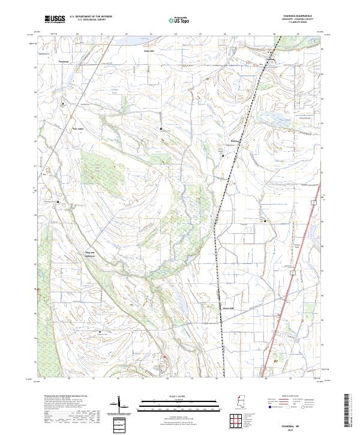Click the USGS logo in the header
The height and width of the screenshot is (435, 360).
pos(55,19)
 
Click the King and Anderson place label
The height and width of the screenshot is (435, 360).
pos(89,254)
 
